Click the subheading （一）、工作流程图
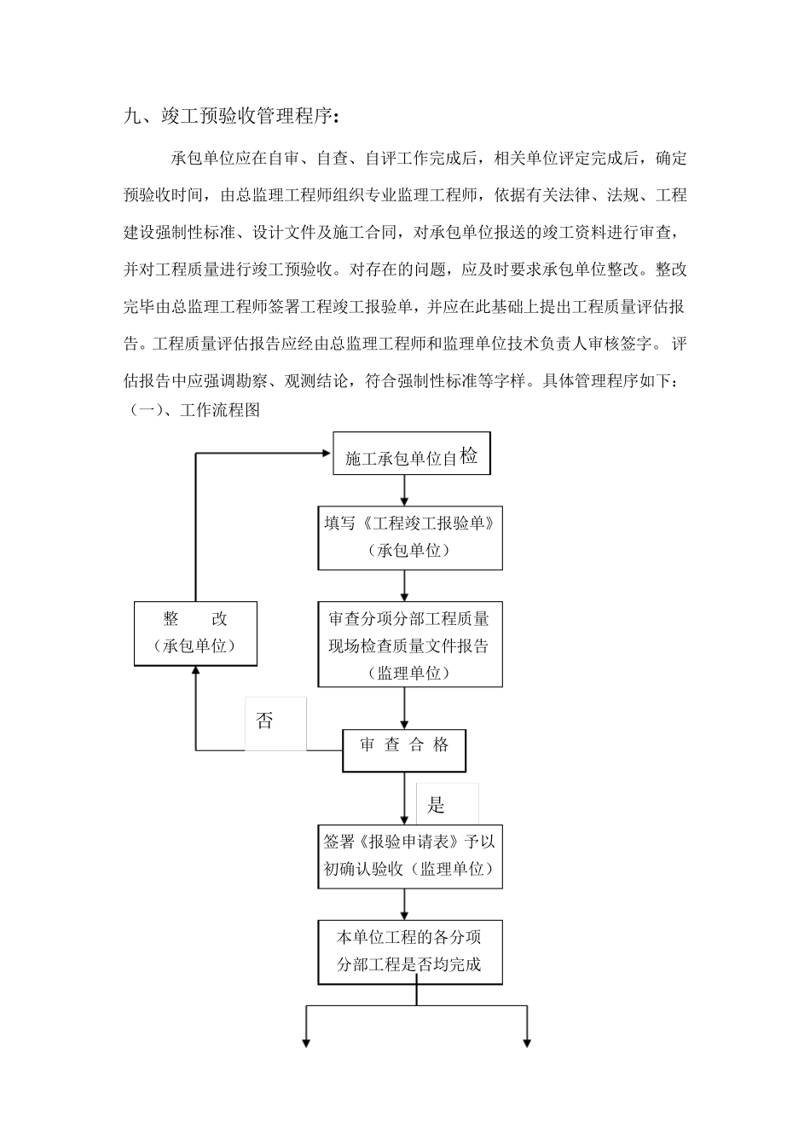pyautogui.click(x=195, y=410)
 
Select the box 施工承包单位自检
pyautogui.click(x=411, y=456)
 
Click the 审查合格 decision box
pyautogui.click(x=404, y=745)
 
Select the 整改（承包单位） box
pyautogui.click(x=195, y=633)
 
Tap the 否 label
pyautogui.click(x=265, y=721)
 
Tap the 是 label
pyautogui.click(x=436, y=805)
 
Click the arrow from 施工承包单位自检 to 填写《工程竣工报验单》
pyautogui.click(x=404, y=490)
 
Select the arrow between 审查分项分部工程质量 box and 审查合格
pyautogui.click(x=404, y=708)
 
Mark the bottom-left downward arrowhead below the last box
pyautogui.click(x=305, y=1041)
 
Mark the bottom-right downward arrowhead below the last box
pyautogui.click(x=527, y=1041)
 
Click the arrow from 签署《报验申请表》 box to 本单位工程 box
pyautogui.click(x=404, y=904)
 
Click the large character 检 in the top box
pyautogui.click(x=469, y=455)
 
